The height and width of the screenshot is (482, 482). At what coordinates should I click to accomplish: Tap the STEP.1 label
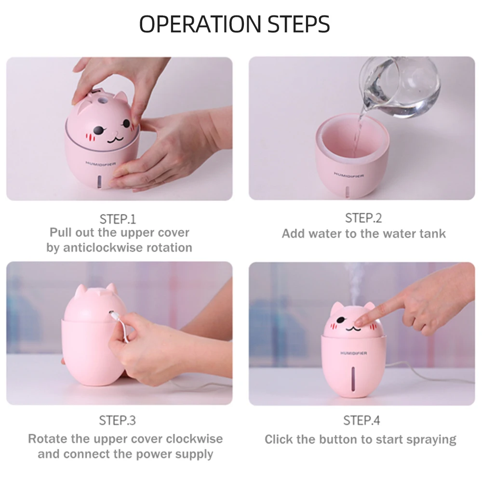click(x=118, y=219)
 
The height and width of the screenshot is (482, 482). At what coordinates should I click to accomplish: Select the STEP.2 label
click(x=363, y=218)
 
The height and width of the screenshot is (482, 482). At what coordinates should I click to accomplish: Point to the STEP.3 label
click(x=118, y=420)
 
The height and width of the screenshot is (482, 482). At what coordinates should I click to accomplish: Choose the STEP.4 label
click(x=361, y=420)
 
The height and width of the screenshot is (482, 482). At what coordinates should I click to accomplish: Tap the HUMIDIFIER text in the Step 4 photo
click(x=353, y=353)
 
